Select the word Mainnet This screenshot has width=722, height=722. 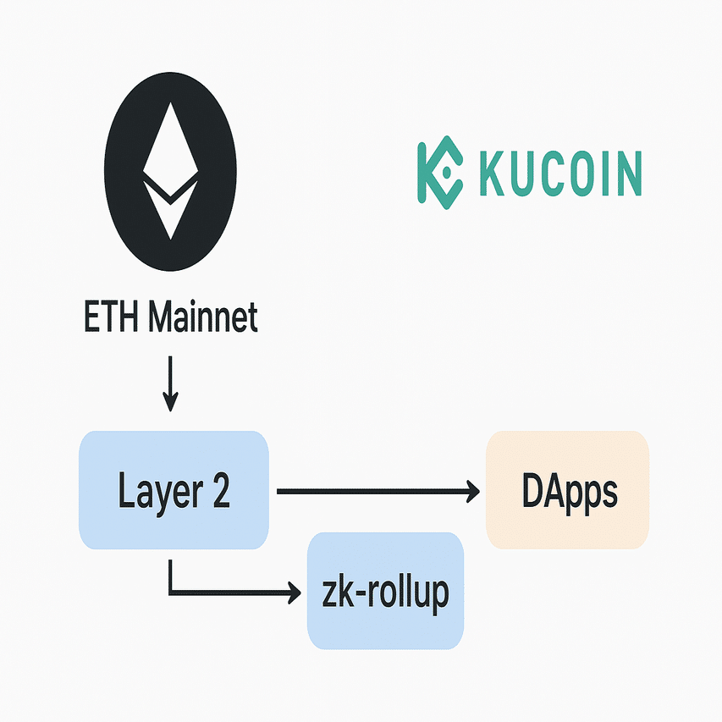tap(202, 319)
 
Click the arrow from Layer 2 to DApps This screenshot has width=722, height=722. tap(372, 490)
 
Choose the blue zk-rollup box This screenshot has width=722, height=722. tap(385, 626)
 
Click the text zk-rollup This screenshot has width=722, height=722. tap(385, 592)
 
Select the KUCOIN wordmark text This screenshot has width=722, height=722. tap(559, 173)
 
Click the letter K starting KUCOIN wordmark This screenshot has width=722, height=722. tap(493, 173)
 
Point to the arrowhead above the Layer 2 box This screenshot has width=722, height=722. tap(170, 404)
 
